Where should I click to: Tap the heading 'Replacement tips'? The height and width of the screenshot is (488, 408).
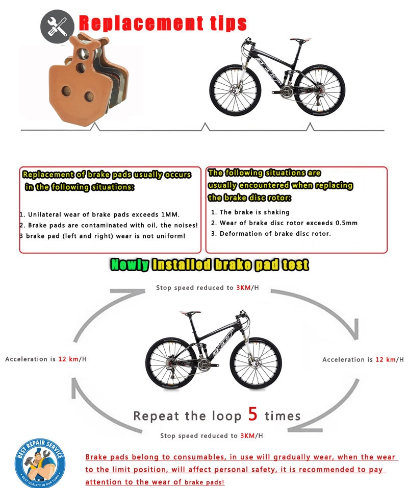click(163, 23)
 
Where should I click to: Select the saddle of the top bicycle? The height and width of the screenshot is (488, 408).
click(297, 39)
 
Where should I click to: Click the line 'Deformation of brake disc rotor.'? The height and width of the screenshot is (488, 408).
click(275, 233)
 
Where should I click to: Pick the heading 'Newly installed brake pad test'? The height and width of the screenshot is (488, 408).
click(210, 264)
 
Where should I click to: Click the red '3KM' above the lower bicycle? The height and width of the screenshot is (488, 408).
click(242, 288)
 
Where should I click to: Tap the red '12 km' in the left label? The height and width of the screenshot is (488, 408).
click(68, 359)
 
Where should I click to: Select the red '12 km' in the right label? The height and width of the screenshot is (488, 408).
click(386, 360)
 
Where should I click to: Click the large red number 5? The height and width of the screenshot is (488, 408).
click(253, 414)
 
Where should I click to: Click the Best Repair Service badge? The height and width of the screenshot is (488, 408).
click(40, 464)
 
